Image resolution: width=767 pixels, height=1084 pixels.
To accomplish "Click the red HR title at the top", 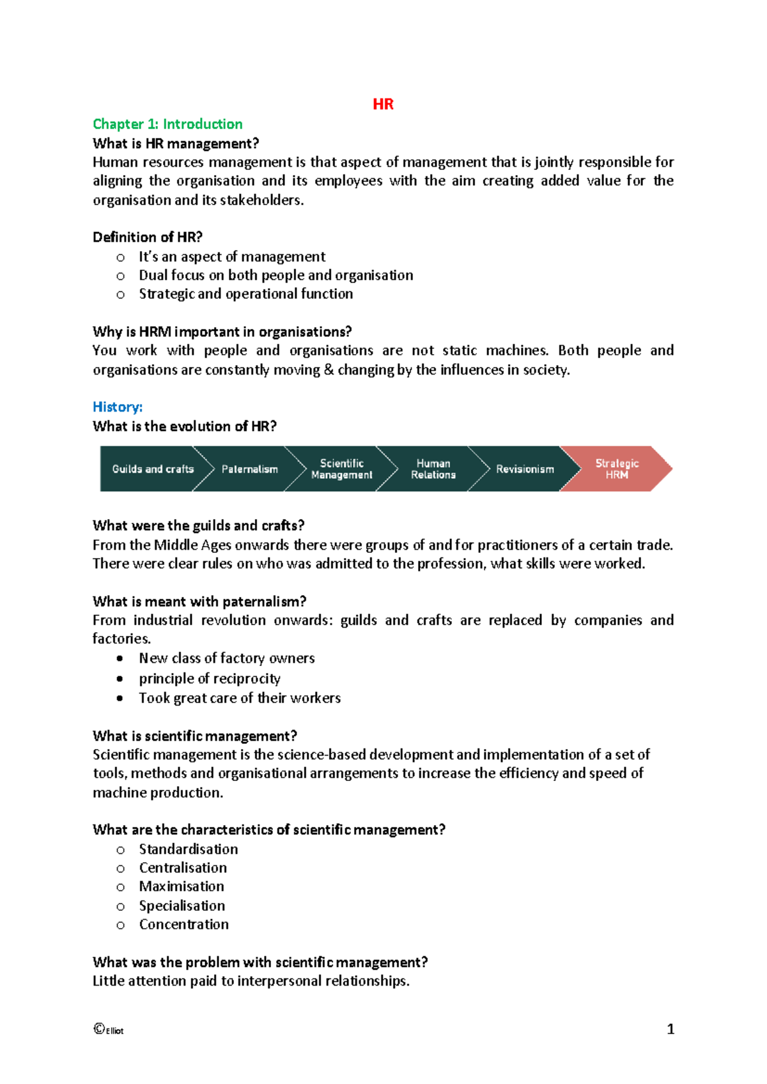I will (x=383, y=104).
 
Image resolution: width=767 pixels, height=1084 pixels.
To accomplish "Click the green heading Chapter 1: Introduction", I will (x=167, y=124).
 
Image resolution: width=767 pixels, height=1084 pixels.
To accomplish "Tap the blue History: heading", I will (x=118, y=407).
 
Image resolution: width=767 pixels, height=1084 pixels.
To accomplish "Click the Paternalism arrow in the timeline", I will (x=249, y=469).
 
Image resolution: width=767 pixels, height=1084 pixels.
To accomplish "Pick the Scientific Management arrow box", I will (x=341, y=469).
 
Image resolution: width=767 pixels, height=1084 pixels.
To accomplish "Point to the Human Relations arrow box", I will (x=433, y=469).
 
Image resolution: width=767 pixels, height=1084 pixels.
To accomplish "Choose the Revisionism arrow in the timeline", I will (x=525, y=469).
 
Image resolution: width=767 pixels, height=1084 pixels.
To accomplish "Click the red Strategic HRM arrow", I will (x=617, y=469).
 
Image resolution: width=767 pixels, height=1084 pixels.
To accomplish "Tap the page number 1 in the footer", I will (x=670, y=1029).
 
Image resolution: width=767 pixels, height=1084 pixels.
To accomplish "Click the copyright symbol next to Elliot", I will (x=98, y=1028).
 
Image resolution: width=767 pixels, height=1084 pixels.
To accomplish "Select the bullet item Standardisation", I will (x=189, y=849).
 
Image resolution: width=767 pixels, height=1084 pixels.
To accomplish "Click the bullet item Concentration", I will (x=183, y=924).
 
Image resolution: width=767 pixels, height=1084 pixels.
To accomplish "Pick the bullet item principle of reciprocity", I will (x=210, y=679).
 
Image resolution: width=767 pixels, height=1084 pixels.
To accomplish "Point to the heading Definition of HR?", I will (x=148, y=237).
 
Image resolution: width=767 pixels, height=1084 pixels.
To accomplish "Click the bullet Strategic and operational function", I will (x=245, y=294).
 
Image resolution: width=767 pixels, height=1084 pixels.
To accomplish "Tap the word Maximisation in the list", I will (x=182, y=887).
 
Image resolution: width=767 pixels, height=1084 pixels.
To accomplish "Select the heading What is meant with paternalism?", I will (x=199, y=601).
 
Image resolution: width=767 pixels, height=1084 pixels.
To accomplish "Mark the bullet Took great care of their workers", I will (x=240, y=698).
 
